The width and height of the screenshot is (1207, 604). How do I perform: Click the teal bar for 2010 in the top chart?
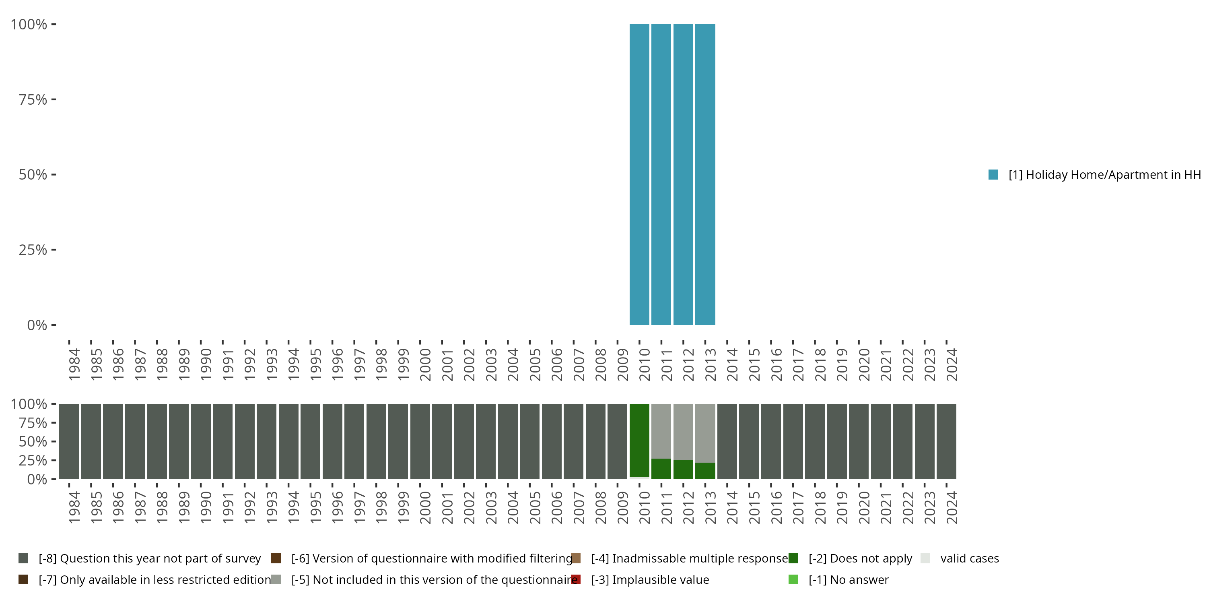click(x=639, y=174)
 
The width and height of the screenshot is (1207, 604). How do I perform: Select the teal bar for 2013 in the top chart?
click(x=705, y=174)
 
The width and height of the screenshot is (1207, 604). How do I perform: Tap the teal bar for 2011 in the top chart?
click(x=661, y=174)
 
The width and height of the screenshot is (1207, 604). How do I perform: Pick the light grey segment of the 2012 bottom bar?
click(x=683, y=431)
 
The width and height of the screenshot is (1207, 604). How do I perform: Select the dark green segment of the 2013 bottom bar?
click(x=705, y=470)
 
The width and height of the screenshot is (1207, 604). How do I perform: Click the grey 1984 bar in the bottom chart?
click(x=69, y=441)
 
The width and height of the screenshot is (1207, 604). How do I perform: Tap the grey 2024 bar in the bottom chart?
click(x=946, y=441)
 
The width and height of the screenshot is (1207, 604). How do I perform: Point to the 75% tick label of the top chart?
click(x=33, y=99)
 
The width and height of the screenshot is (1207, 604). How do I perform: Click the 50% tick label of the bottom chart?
click(x=33, y=441)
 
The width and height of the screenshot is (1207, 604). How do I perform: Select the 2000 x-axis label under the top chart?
click(x=425, y=364)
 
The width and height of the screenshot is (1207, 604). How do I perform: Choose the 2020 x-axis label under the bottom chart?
click(x=863, y=507)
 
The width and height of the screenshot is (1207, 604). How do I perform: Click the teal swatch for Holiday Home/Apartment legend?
click(x=993, y=174)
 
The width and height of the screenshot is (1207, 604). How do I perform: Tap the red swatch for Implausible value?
click(x=576, y=579)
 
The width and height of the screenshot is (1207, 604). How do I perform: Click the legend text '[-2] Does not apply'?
click(x=860, y=558)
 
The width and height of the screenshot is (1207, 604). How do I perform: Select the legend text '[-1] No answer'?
click(x=849, y=579)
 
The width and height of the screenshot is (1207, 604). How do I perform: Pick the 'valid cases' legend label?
click(x=970, y=558)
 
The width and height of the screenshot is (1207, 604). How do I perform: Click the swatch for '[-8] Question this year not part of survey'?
click(x=23, y=558)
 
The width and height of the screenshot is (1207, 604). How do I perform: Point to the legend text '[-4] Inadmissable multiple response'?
click(x=689, y=558)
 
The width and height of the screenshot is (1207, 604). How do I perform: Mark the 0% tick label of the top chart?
click(x=37, y=325)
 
